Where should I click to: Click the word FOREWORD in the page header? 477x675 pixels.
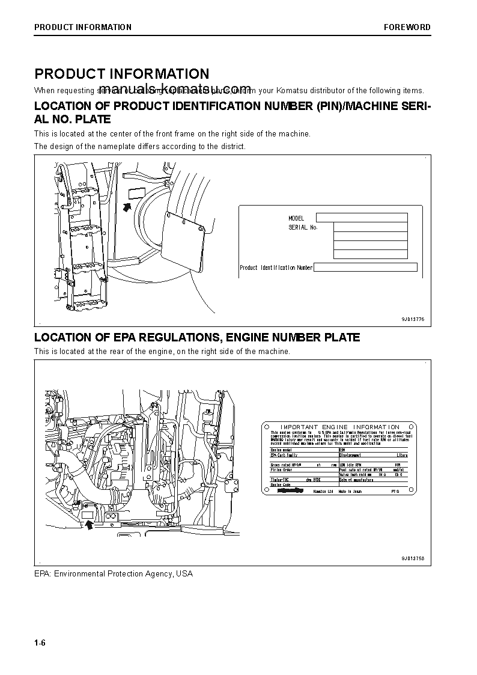point(407,27)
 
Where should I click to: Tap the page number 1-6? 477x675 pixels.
point(40,643)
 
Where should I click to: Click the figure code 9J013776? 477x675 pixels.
point(413,320)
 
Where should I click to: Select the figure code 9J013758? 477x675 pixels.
point(413,558)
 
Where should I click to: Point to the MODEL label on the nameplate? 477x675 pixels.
point(296,218)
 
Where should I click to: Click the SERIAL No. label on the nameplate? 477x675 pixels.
point(303,228)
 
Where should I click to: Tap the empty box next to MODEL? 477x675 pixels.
point(362,218)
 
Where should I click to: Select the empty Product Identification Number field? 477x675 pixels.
point(365,267)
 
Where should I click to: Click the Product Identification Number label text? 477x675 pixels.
point(276,267)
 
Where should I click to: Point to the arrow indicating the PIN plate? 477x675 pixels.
point(126,207)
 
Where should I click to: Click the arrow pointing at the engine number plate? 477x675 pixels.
point(90,525)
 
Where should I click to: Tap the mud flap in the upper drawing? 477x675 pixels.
point(183,237)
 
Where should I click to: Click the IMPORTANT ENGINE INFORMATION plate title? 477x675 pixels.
point(340,427)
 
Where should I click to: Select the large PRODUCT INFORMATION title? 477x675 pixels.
point(122,74)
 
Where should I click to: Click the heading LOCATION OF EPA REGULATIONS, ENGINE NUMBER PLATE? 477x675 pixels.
point(197,337)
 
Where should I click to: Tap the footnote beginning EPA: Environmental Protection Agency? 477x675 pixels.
point(114,574)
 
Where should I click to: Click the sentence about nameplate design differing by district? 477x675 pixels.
point(140,146)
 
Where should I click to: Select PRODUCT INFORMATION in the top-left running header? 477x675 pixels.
point(83,27)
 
